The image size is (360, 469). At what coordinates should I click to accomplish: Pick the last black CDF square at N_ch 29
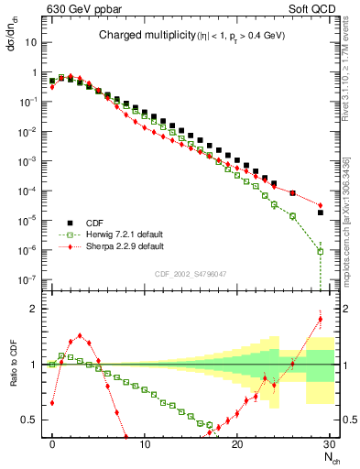(x=320, y=213)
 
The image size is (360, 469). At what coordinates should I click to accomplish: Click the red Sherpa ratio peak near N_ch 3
(x=80, y=335)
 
